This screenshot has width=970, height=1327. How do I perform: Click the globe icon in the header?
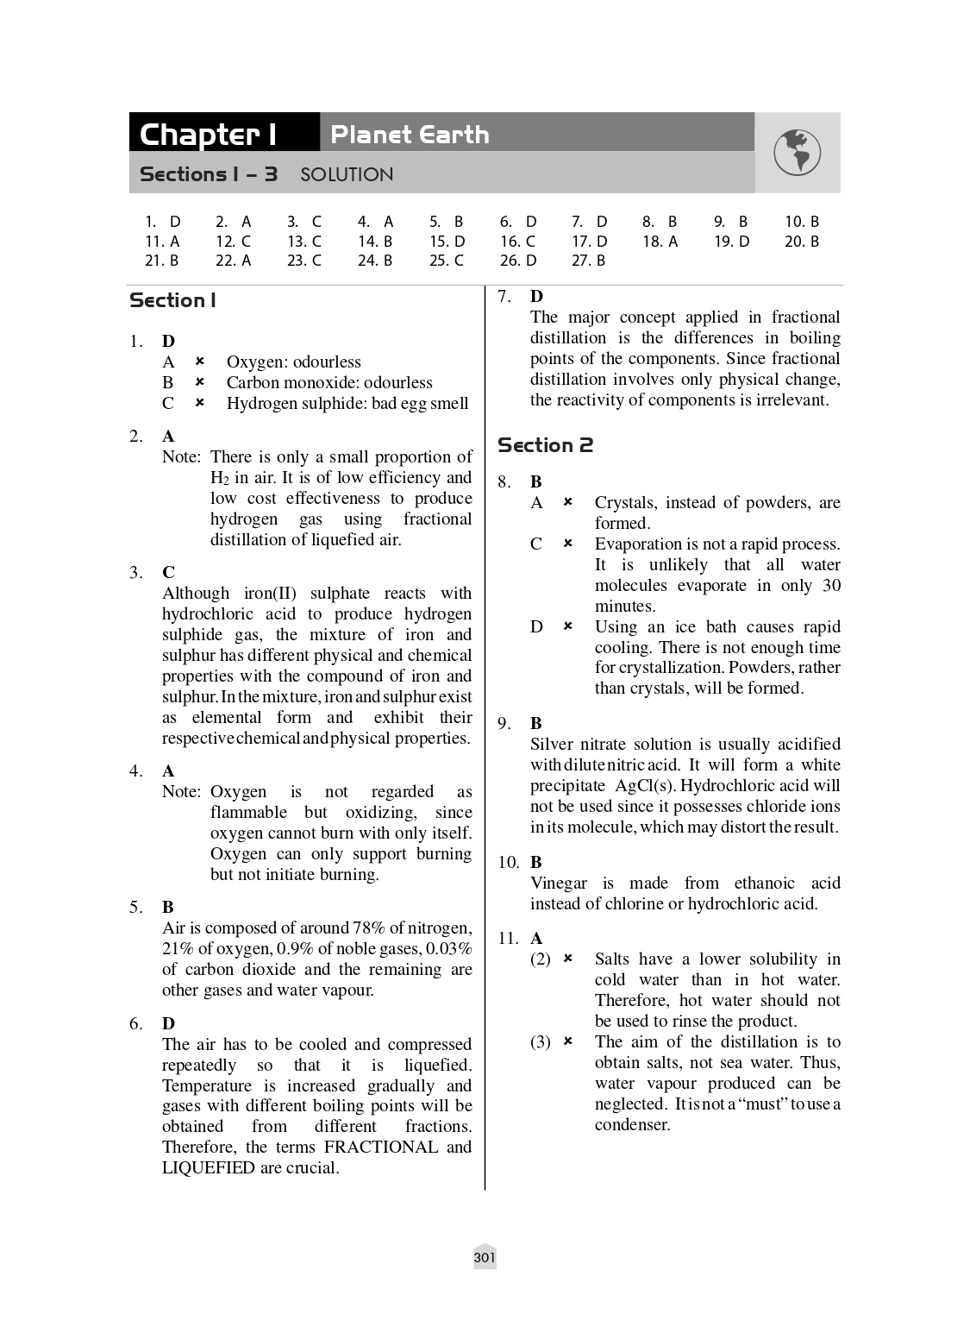coord(797,153)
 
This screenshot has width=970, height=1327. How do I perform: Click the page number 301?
coord(485,1258)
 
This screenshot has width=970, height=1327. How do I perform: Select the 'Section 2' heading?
coord(545,445)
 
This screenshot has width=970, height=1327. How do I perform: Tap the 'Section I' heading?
coord(172,300)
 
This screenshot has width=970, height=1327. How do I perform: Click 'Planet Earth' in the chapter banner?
coord(410,135)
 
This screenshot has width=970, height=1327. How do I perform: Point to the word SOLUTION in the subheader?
coord(347,175)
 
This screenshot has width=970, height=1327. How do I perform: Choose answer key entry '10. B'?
coord(801,222)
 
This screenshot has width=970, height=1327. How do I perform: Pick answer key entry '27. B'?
coord(588,261)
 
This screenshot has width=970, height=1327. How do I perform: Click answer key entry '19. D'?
coord(731,242)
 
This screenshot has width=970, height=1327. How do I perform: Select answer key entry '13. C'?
coord(304,242)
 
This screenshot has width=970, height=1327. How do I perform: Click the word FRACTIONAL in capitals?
coord(381,1147)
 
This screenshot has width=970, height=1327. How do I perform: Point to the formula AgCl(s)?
coord(645,785)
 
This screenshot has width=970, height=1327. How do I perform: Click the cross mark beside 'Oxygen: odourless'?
coord(199,362)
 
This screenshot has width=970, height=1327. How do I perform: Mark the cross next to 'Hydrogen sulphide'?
coord(199,403)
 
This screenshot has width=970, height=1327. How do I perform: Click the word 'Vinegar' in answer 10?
coord(558,883)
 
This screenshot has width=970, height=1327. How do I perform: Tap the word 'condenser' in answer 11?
coord(632,1124)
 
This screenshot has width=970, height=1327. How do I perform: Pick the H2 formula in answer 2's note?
coord(219,478)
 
